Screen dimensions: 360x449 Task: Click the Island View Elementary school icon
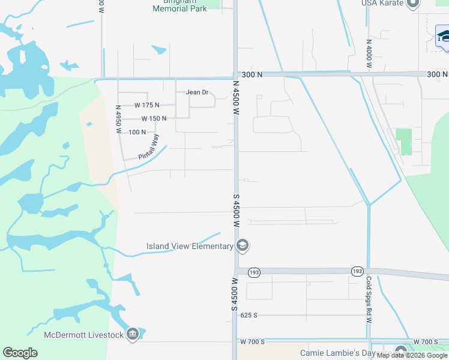(x=243, y=245)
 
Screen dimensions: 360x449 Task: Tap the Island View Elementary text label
(x=190, y=246)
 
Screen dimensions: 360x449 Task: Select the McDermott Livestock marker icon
(x=133, y=334)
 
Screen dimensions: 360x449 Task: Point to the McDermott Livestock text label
(x=83, y=334)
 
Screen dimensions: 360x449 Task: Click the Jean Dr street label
(x=197, y=92)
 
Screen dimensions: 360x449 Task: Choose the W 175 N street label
(x=146, y=105)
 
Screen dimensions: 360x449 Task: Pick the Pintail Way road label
(x=149, y=147)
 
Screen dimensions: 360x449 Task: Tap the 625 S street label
(x=248, y=314)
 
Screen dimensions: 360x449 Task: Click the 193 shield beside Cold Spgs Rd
(x=357, y=271)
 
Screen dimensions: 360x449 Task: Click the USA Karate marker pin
(x=413, y=4)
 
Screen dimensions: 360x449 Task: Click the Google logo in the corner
(x=20, y=353)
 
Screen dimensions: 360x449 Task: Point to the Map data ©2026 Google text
(x=412, y=356)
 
